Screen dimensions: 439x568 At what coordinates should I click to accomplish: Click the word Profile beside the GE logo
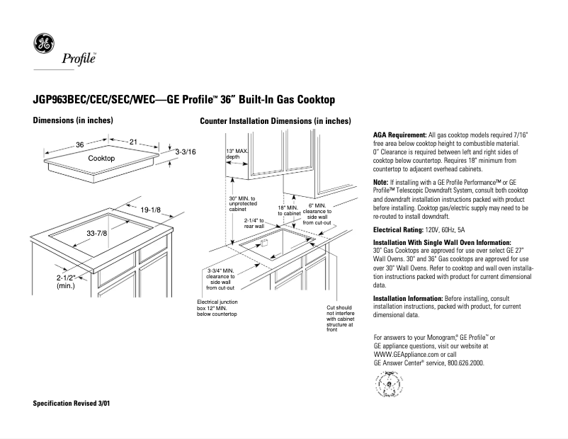pyautogui.click(x=79, y=57)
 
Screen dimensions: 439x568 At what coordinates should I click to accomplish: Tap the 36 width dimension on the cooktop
pyautogui.click(x=80, y=144)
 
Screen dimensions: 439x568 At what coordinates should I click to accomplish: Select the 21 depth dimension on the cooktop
pyautogui.click(x=133, y=142)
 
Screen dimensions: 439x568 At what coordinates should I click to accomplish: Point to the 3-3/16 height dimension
pyautogui.click(x=186, y=152)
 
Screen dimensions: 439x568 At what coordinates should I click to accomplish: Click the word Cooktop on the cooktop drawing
pyautogui.click(x=101, y=159)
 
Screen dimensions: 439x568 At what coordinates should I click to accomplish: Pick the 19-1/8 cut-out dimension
pyautogui.click(x=150, y=210)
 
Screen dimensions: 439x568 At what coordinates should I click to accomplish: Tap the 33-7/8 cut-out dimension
pyautogui.click(x=96, y=233)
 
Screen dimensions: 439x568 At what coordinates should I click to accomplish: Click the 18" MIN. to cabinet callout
pyautogui.click(x=289, y=210)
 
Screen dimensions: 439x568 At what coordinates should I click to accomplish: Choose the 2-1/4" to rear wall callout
pyautogui.click(x=254, y=223)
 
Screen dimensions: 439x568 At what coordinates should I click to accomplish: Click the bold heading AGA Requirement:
pyautogui.click(x=399, y=135)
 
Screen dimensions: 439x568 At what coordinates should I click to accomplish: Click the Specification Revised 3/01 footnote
pyautogui.click(x=72, y=403)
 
